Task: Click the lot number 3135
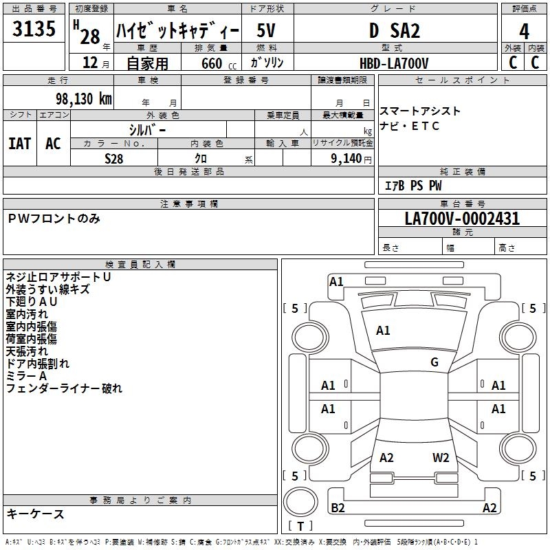pyautogui.click(x=34, y=30)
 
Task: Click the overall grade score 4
pyautogui.click(x=524, y=31)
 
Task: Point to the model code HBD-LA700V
pyautogui.click(x=394, y=63)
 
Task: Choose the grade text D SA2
pyautogui.click(x=394, y=31)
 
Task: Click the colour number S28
pyautogui.click(x=114, y=158)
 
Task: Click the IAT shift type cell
pyautogui.click(x=20, y=143)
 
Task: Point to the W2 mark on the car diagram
pyautogui.click(x=441, y=458)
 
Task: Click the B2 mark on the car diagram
pyautogui.click(x=338, y=508)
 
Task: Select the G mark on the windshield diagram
pyautogui.click(x=434, y=362)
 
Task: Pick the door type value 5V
pyautogui.click(x=267, y=31)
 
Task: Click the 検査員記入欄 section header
pyautogui.click(x=140, y=264)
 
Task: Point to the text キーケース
pyautogui.click(x=36, y=514)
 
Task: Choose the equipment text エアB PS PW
pyautogui.click(x=412, y=186)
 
